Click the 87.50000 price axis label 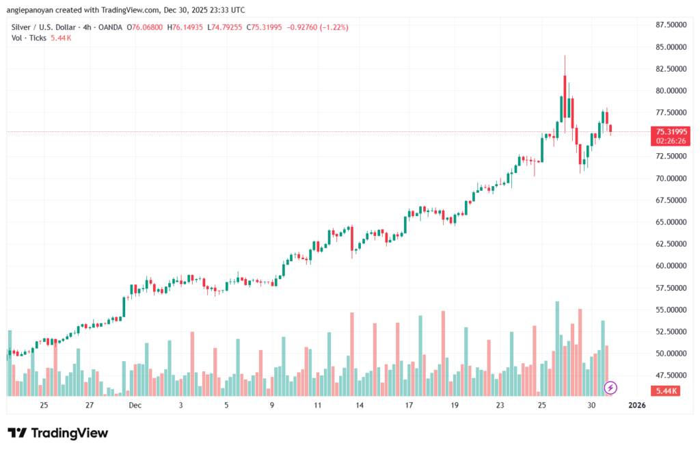tap(671, 25)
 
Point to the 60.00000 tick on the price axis tap(671, 266)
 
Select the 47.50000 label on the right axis tap(671, 375)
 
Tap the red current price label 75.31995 tap(672, 131)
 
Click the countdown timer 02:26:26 tap(672, 140)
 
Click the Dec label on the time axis tap(135, 406)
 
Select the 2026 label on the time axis tap(636, 406)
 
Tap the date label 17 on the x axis tap(408, 406)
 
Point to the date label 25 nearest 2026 tap(541, 406)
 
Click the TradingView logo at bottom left tap(57, 433)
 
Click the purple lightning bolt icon tap(611, 388)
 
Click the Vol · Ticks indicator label tap(28, 38)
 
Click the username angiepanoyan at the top tap(31, 9)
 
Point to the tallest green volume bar tap(557, 347)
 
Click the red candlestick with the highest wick tap(565, 89)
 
